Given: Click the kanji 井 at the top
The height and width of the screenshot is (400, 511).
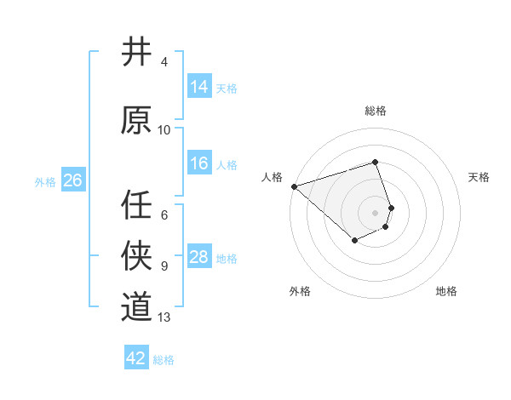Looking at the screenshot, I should (136, 52).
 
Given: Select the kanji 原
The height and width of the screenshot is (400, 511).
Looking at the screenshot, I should (136, 120).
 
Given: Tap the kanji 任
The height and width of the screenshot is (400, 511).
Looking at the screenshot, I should (136, 204).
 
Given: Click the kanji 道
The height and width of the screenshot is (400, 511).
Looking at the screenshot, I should (136, 306).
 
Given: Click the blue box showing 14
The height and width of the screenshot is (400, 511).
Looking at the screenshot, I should (198, 86).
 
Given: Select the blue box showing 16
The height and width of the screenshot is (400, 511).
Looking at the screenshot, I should (198, 163).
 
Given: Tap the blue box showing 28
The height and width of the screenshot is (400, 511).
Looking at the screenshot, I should (198, 257).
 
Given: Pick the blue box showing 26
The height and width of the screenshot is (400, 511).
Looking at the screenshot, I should (72, 180).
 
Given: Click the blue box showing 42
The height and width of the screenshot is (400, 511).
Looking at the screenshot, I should (135, 358).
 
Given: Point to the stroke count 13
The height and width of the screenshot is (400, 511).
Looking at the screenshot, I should (164, 317).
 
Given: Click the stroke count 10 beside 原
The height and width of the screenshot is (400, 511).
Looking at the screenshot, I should (164, 130).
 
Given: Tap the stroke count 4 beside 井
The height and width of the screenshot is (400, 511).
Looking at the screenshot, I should (164, 62).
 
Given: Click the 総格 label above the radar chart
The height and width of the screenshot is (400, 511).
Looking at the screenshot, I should (376, 111).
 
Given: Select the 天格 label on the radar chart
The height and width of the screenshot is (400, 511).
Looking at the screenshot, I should (479, 177).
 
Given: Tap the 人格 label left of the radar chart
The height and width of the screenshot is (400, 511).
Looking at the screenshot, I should (272, 177).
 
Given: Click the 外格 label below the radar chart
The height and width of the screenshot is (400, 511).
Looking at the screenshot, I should (300, 291).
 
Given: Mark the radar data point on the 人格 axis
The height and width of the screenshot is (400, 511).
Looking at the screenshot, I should (294, 186).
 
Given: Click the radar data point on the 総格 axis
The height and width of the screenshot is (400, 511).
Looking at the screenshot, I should (376, 162).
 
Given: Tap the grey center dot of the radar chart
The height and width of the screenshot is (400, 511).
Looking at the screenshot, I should (376, 212).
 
